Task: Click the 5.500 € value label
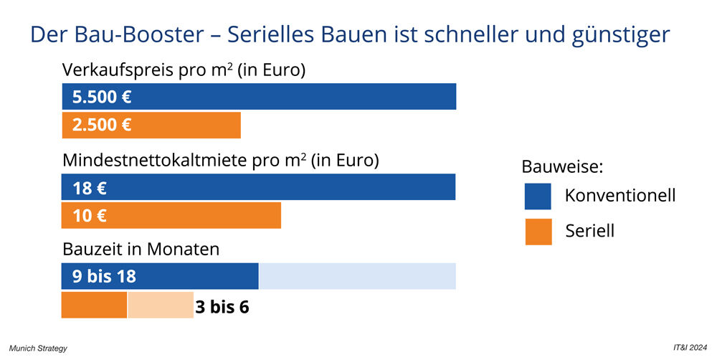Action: point(101,97)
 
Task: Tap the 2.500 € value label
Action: point(101,125)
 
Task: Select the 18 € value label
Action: point(90,188)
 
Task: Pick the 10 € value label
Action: point(90,216)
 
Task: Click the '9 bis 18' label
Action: point(104,276)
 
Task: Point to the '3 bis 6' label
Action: point(222,307)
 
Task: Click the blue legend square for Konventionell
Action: point(538,196)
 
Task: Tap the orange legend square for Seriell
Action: point(538,232)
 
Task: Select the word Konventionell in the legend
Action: point(619,195)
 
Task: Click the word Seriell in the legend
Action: point(590,231)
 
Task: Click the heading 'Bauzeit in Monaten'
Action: point(141,250)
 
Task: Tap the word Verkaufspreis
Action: point(114,71)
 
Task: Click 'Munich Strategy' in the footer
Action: point(38,349)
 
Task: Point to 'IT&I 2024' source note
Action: point(689,349)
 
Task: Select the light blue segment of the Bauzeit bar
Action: point(357,276)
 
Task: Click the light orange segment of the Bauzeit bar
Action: point(161,305)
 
